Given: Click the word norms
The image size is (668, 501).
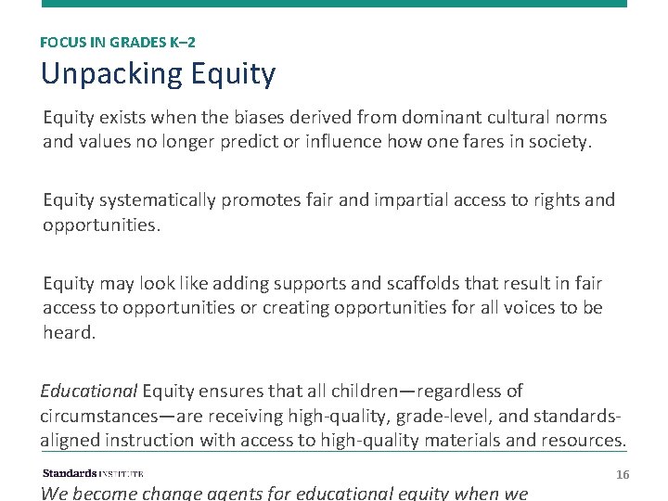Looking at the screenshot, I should tap(579, 118).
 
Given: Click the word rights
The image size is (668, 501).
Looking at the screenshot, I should tap(552, 200).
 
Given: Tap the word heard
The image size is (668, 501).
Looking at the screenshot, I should tap(69, 332).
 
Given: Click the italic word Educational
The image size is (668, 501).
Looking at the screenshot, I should tap(88, 392).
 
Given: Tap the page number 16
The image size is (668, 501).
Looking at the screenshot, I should tap(623, 474).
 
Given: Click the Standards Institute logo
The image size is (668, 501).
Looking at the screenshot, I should tap(93, 473).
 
